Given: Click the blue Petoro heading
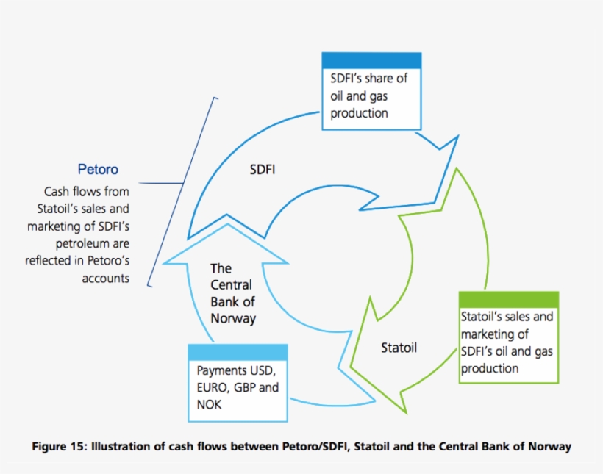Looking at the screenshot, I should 98,170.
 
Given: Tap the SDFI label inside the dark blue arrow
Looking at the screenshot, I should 263,170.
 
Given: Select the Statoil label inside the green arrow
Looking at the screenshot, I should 399,348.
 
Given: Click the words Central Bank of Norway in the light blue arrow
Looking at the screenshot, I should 232,293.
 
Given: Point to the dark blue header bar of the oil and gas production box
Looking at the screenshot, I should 371,60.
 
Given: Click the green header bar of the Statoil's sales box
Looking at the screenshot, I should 508,300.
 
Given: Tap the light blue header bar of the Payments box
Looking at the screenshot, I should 238,351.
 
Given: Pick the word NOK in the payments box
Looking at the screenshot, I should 209,404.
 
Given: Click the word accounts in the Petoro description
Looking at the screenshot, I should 106,279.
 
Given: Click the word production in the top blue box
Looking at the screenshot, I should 359,113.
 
